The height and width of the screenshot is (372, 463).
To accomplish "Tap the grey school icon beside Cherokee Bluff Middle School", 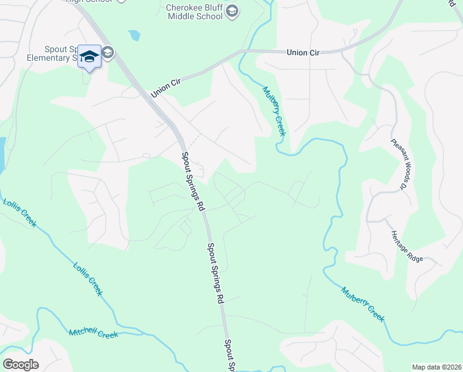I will tap(232, 11).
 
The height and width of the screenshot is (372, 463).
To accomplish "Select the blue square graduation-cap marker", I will tap(90, 56).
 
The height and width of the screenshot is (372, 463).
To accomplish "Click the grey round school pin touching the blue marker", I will tap(107, 53).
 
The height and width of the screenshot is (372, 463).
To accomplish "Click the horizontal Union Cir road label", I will tap(303, 53).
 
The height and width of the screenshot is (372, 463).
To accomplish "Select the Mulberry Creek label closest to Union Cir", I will tap(274, 111).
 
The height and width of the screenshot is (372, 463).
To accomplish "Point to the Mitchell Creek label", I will tap(93, 334).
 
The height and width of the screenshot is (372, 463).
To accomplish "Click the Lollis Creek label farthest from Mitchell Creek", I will tap(20, 212).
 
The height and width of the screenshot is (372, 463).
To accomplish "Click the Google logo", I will tap(20, 364).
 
